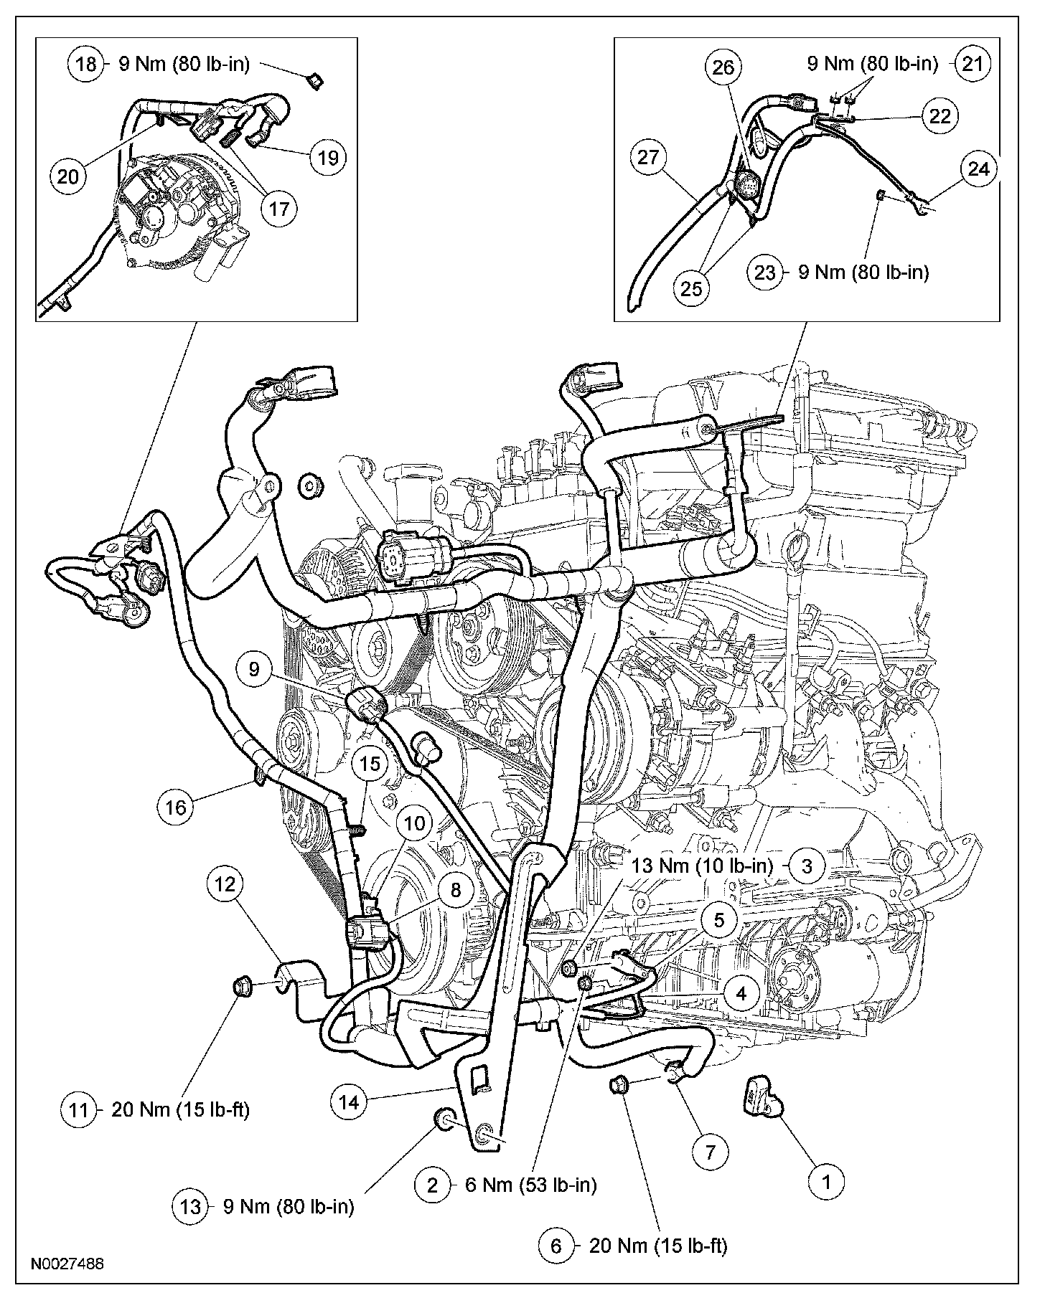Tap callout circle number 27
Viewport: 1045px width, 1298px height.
tap(647, 158)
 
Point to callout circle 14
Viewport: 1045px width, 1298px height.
tap(349, 1102)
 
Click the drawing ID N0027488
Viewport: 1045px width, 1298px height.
tap(67, 1263)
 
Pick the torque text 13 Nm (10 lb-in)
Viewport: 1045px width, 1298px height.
tap(703, 866)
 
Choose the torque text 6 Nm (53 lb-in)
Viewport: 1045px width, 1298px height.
tap(530, 1185)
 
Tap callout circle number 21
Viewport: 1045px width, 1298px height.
tap(973, 64)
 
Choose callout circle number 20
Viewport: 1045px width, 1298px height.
tap(67, 176)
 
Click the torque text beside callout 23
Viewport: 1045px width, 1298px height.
tap(863, 273)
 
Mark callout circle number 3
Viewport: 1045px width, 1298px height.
tap(807, 866)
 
